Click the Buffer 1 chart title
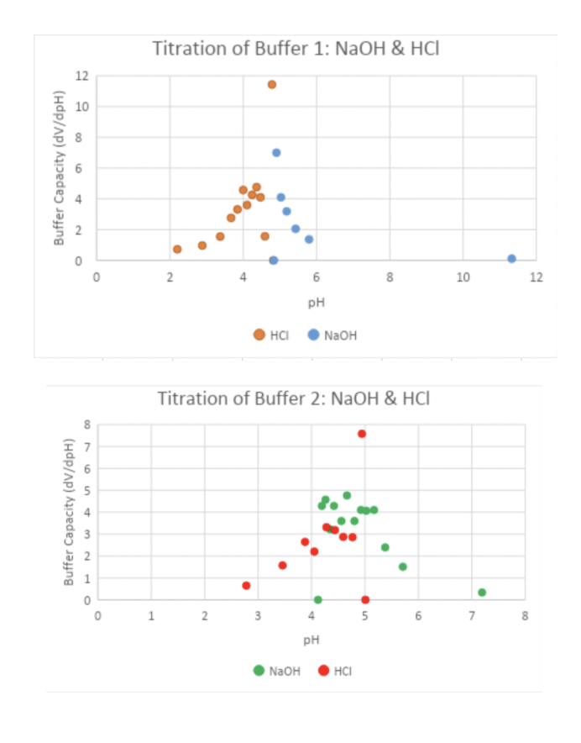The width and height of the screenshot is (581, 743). (296, 49)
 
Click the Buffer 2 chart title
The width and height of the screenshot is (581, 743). (293, 398)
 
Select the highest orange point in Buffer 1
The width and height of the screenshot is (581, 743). (272, 84)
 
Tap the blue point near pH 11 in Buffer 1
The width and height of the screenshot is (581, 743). (511, 259)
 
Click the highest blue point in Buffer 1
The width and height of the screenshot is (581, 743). (276, 152)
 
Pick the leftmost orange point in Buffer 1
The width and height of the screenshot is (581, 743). (177, 249)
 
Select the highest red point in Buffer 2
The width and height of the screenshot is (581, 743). (362, 434)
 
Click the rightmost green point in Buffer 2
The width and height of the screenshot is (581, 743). (482, 593)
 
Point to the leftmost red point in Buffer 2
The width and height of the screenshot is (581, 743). (246, 586)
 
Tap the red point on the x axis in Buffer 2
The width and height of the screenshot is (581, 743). (365, 600)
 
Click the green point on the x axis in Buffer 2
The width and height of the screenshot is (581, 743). (317, 600)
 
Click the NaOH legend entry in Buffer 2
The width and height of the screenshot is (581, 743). (278, 671)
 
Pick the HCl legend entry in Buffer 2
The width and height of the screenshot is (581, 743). (335, 671)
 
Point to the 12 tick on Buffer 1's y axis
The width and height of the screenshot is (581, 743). (81, 76)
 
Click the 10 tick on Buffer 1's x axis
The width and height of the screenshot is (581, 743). (463, 277)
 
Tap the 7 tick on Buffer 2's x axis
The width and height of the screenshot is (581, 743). (472, 616)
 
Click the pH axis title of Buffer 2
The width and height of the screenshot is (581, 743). (311, 640)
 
